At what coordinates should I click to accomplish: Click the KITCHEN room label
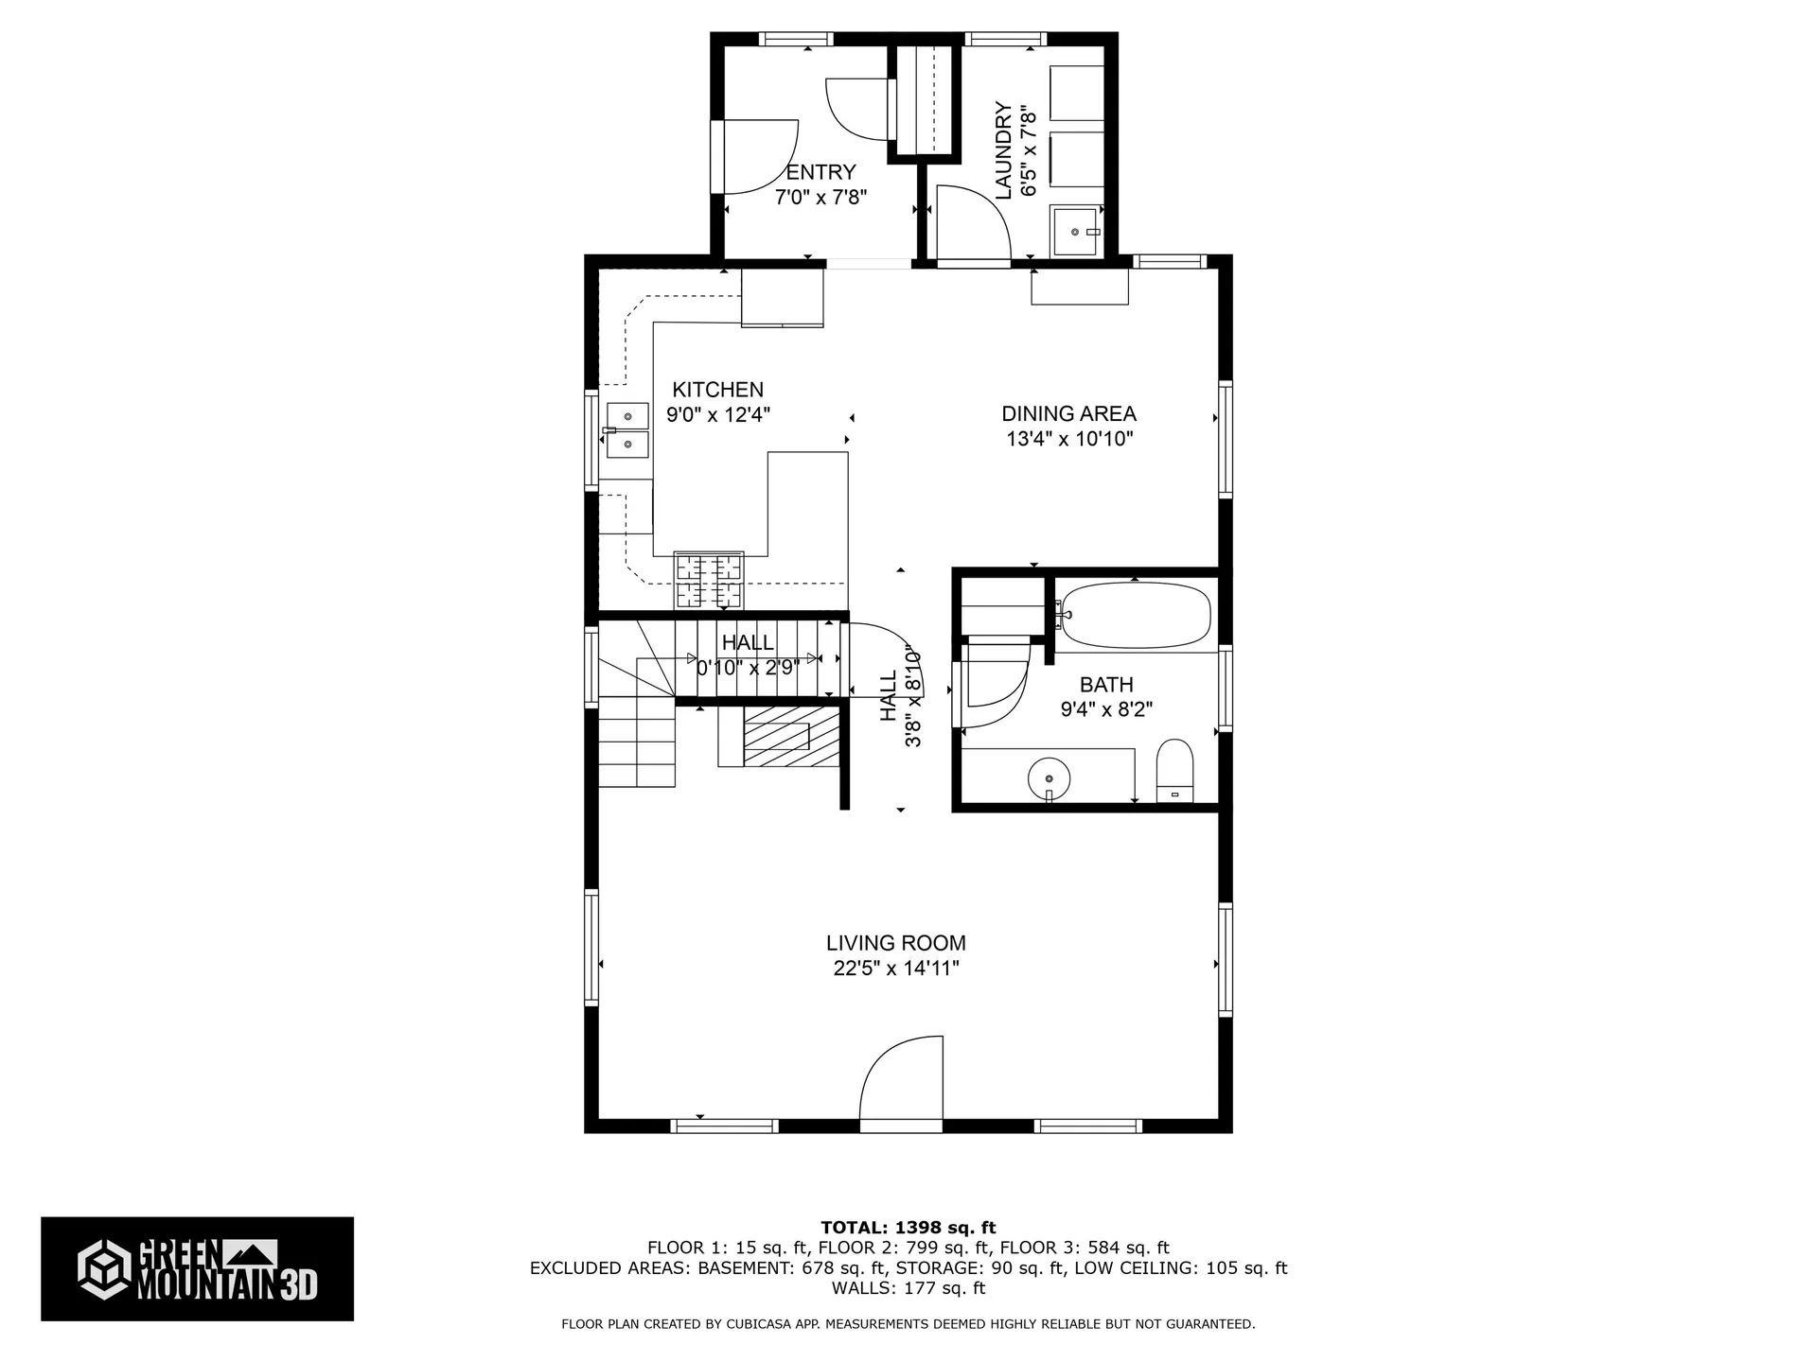(717, 390)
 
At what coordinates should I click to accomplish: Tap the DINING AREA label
(1068, 413)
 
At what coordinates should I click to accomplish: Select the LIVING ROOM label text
(895, 943)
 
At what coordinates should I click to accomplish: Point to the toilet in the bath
(1174, 771)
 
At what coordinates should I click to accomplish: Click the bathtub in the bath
(1135, 615)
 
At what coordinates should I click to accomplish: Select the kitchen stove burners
(708, 580)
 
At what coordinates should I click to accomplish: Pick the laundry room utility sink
(1077, 231)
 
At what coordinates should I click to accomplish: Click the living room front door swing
(901, 1083)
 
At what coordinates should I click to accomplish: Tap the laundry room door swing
(972, 221)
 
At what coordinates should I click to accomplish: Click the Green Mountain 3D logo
(197, 1268)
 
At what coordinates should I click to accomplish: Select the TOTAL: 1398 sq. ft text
(908, 1229)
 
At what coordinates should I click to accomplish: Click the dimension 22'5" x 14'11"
(896, 969)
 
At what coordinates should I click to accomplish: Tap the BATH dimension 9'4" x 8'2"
(1106, 709)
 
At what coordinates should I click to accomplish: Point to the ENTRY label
(820, 172)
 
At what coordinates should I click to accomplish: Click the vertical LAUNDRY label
(1004, 151)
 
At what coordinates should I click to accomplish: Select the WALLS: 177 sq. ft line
(908, 1288)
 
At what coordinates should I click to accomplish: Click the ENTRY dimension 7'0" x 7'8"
(821, 198)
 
